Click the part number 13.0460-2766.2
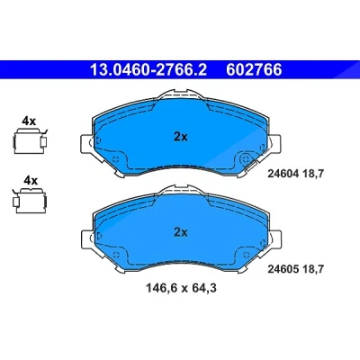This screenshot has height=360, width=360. coord(148,70)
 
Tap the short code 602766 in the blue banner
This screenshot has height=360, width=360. coord(254,70)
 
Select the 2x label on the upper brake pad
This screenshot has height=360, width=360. coord(181,137)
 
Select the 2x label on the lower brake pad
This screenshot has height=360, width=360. coord(181,232)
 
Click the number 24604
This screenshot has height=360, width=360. coord(283,174)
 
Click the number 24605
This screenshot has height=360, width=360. coord(283,269)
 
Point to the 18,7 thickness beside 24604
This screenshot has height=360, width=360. coord(313,174)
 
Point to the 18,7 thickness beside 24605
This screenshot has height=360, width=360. coord(313,269)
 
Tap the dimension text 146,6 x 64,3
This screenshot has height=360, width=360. coord(181,288)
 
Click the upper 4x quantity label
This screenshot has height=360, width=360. coord(29,121)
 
